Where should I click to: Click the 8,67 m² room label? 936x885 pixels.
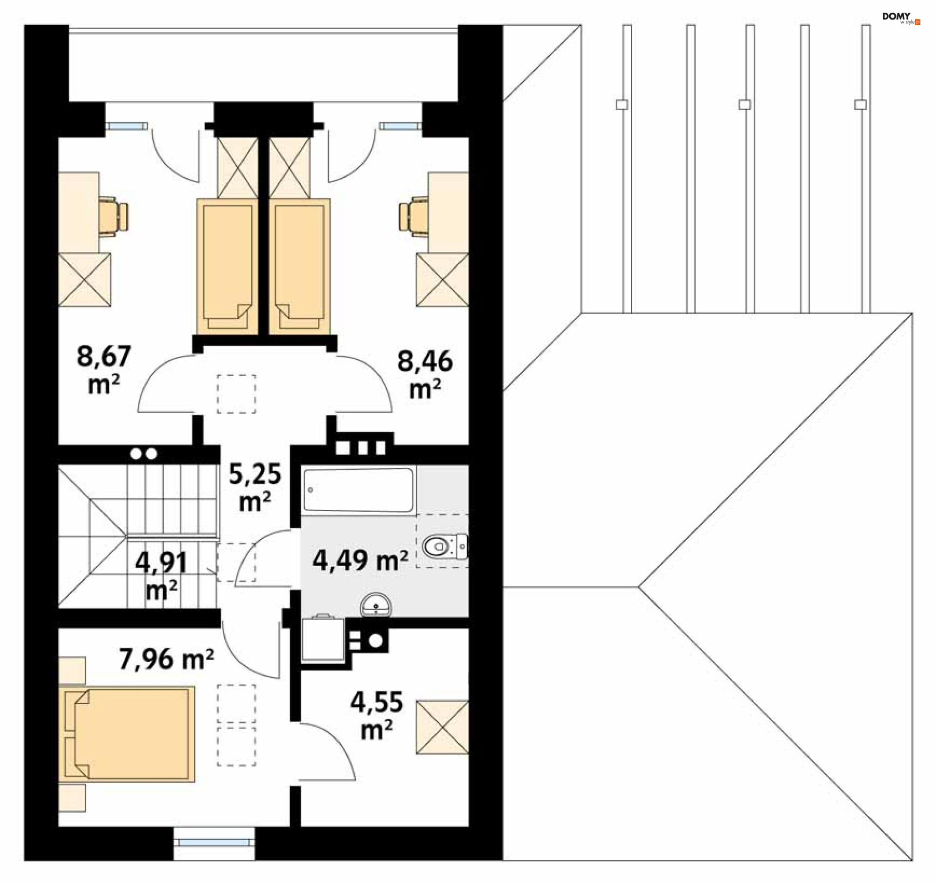pos(103,369)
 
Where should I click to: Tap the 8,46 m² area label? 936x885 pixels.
pos(425,374)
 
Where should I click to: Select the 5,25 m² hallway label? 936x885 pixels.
pos(255,486)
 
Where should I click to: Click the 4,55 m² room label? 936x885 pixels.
pos(376,715)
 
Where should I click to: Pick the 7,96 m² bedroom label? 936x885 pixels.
pos(166,659)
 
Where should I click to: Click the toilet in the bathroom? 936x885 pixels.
pos(443,546)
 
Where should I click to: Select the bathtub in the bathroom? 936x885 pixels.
pos(358,490)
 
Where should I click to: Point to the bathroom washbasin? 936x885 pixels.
pos(376,605)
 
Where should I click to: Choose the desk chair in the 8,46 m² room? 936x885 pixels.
pos(413,216)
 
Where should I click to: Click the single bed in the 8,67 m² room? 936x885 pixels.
pos(227,266)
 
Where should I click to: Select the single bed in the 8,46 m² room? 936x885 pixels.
pos(299,266)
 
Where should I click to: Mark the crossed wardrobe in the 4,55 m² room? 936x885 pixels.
pos(442,727)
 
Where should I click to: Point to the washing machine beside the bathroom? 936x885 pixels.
pos(322,639)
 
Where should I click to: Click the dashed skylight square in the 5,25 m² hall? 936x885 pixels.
pos(236,394)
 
